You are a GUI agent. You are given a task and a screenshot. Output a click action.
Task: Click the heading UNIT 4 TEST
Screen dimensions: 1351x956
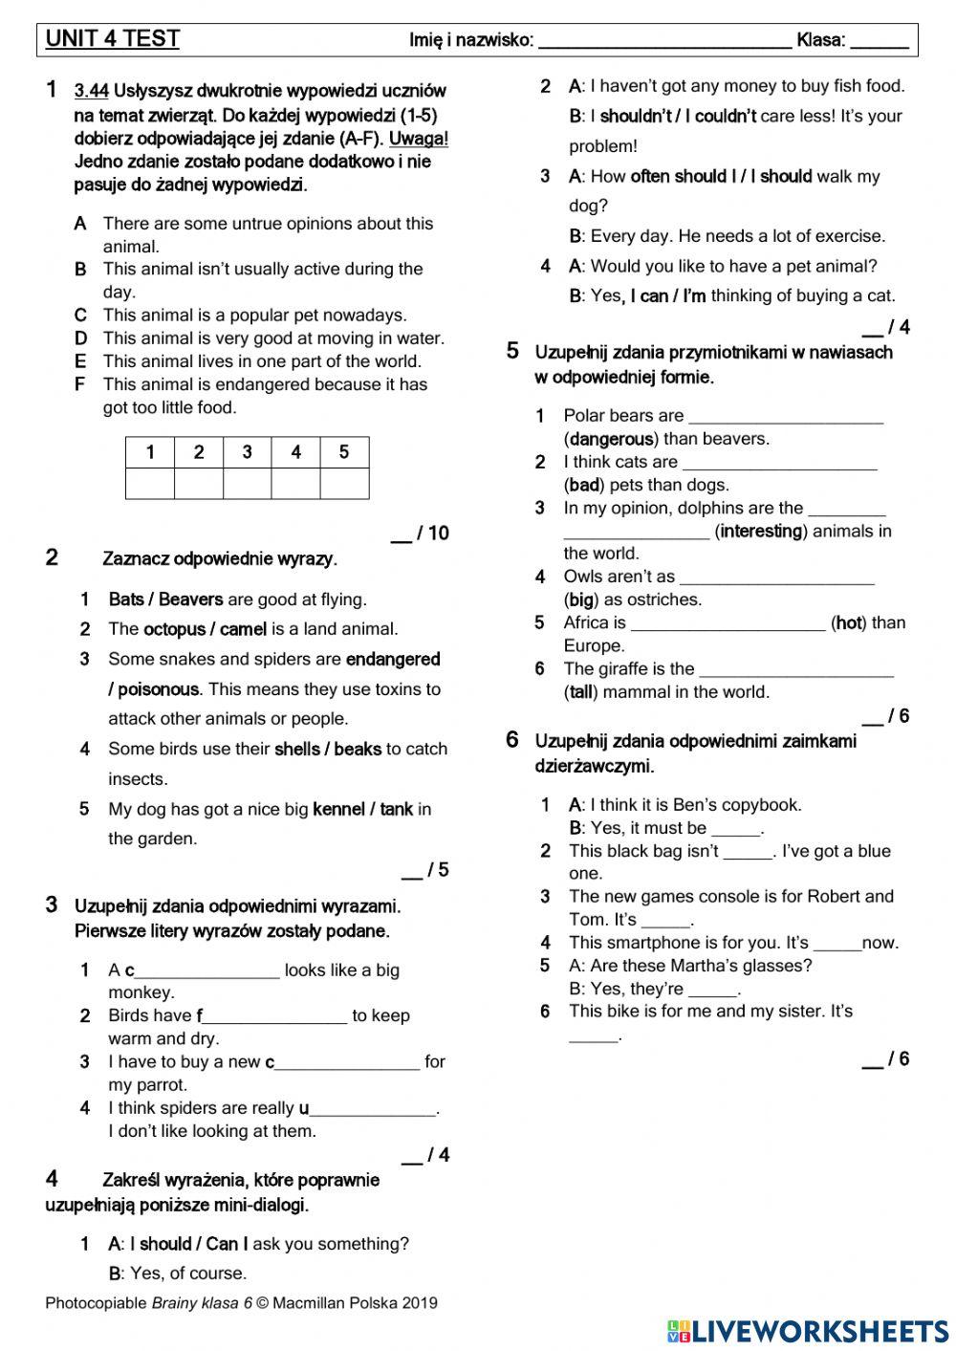[113, 39]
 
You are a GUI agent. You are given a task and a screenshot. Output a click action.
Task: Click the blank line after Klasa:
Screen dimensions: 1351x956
[879, 41]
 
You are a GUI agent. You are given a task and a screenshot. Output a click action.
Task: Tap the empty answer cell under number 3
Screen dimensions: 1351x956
[247, 483]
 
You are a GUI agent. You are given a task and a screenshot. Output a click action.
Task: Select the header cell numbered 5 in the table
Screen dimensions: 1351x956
[344, 452]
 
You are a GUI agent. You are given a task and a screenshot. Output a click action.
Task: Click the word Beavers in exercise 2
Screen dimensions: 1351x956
[190, 599]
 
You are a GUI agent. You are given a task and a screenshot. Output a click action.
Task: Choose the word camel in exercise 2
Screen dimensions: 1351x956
[243, 629]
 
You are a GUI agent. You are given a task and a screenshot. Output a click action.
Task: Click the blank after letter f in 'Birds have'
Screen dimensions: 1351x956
[275, 1017]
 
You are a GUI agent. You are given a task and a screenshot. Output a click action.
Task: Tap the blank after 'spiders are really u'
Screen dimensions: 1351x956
[373, 1110]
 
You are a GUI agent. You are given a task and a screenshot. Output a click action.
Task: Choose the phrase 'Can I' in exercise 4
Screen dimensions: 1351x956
[227, 1244]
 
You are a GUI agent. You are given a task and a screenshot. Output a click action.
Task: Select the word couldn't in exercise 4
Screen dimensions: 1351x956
[726, 116]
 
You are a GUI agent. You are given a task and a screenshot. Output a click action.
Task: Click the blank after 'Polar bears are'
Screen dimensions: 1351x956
[785, 418]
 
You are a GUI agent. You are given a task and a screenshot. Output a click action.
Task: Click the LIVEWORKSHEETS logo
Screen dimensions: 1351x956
[808, 1330]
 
